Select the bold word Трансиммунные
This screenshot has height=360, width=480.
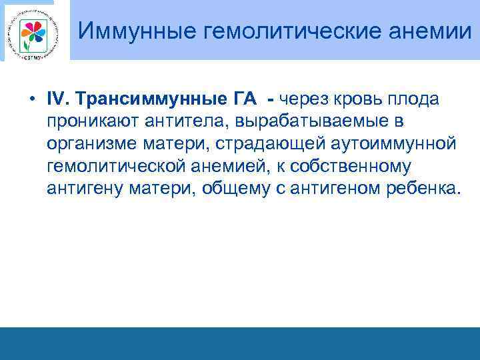pos(151,99)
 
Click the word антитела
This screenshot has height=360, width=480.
pos(183,121)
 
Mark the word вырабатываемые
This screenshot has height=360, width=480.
pos(315,121)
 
